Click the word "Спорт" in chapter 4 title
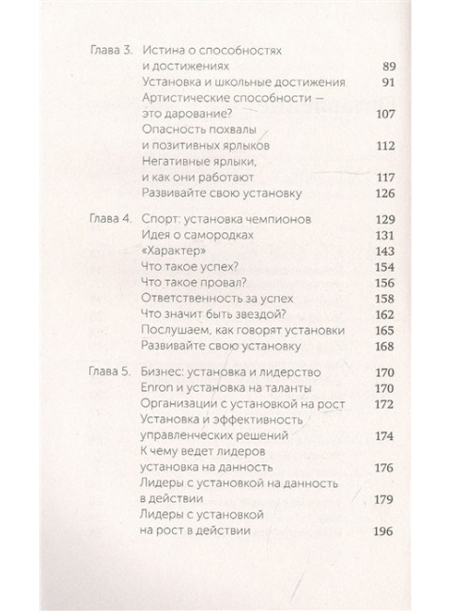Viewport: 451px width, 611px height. (x=155, y=218)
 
